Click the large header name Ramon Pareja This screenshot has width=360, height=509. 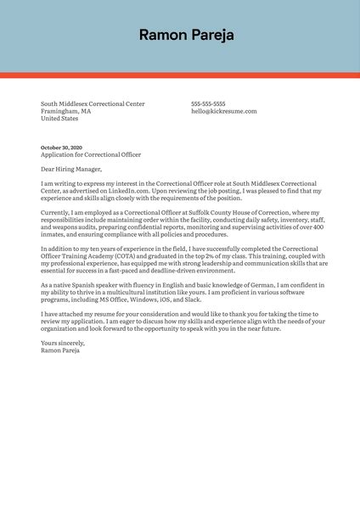click(186, 35)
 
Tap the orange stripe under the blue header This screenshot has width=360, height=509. click(180, 75)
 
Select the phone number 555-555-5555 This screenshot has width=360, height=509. click(208, 103)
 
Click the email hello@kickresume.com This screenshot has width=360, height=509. click(223, 111)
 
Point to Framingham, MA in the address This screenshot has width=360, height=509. click(65, 111)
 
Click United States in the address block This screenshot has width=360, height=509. click(59, 119)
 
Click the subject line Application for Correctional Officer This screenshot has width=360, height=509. click(91, 155)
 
